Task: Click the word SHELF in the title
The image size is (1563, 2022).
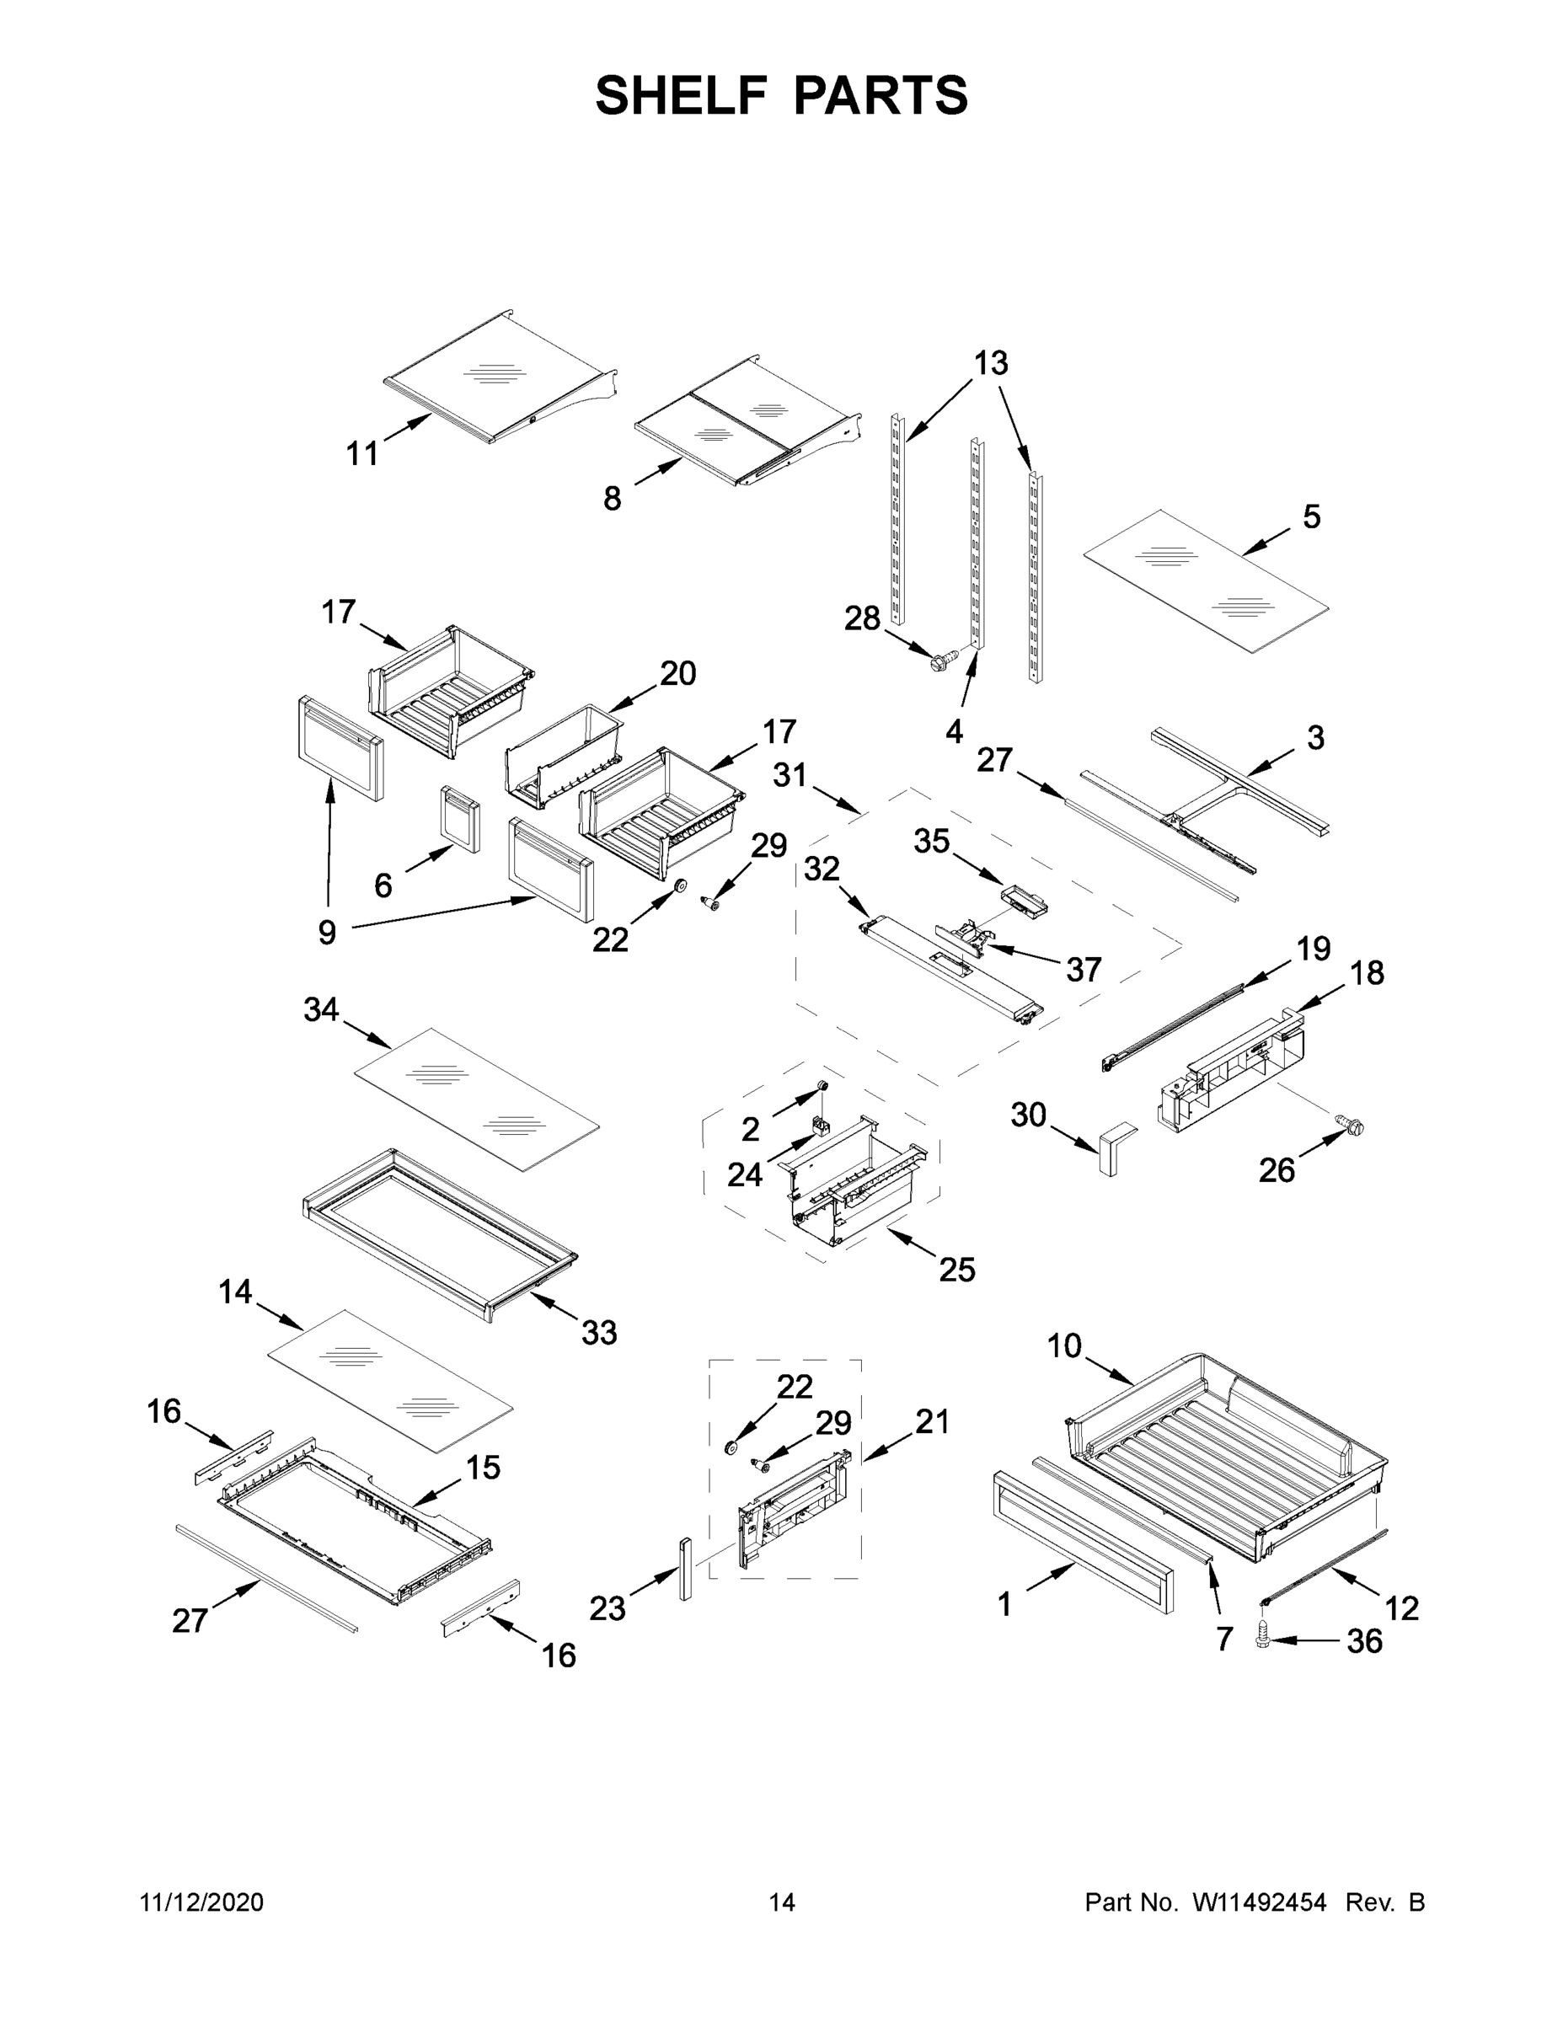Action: point(681,95)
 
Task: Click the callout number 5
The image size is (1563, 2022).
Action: point(1311,516)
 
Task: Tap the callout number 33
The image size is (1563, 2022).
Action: point(599,1333)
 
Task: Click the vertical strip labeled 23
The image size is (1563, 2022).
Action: point(685,1570)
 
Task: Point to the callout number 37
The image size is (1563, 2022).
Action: point(1084,970)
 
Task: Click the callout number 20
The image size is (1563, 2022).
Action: point(677,673)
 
